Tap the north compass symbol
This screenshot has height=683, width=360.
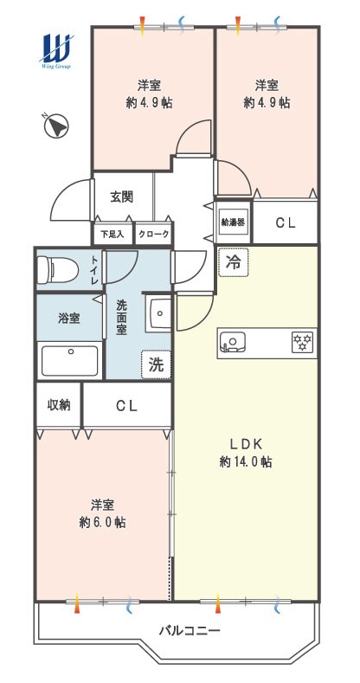[x=56, y=126]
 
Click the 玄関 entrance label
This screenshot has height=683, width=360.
[x=121, y=197]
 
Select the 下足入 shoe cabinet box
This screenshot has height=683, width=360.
[x=112, y=234]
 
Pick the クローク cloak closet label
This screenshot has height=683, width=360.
[x=154, y=234]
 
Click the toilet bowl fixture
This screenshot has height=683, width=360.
[x=57, y=269]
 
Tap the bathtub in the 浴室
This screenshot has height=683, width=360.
[x=69, y=361]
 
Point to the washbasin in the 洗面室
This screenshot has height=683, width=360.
[x=160, y=313]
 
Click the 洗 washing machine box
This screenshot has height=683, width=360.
[x=156, y=364]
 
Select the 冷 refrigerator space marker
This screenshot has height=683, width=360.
[x=234, y=262]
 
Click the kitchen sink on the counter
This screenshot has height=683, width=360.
[x=233, y=341]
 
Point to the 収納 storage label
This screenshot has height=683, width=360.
[x=59, y=404]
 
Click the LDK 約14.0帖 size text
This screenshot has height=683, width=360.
[x=246, y=453]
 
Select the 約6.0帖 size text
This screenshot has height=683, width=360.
[x=103, y=522]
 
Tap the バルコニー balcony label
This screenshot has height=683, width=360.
[x=190, y=630]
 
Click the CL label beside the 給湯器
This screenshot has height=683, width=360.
[x=286, y=222]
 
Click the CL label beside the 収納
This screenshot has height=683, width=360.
[x=126, y=406]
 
